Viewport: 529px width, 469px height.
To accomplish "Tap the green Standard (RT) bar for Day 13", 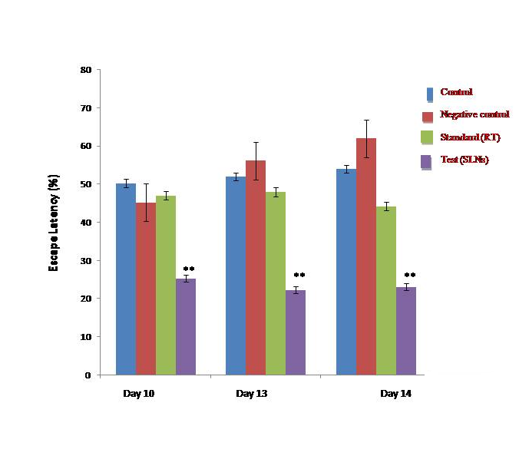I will (276, 283).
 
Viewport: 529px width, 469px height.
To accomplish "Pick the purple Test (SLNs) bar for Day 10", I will (186, 327).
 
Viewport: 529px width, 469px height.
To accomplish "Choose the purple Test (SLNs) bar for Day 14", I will (406, 331).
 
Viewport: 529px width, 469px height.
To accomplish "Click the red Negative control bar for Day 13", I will (256, 268).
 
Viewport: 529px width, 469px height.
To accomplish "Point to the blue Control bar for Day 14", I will (346, 272).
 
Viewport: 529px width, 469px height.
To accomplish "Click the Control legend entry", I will (456, 92).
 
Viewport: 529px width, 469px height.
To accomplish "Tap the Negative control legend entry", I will (474, 115).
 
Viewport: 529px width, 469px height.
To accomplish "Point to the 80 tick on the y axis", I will (85, 70).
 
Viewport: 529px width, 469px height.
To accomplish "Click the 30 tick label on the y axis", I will (85, 261).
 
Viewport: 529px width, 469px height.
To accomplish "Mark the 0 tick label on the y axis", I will (88, 375).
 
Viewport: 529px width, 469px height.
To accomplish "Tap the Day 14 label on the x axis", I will (395, 395).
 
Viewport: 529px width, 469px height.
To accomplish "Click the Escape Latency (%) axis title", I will (55, 223).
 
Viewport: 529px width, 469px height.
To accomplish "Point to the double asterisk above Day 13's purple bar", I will (299, 276).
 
